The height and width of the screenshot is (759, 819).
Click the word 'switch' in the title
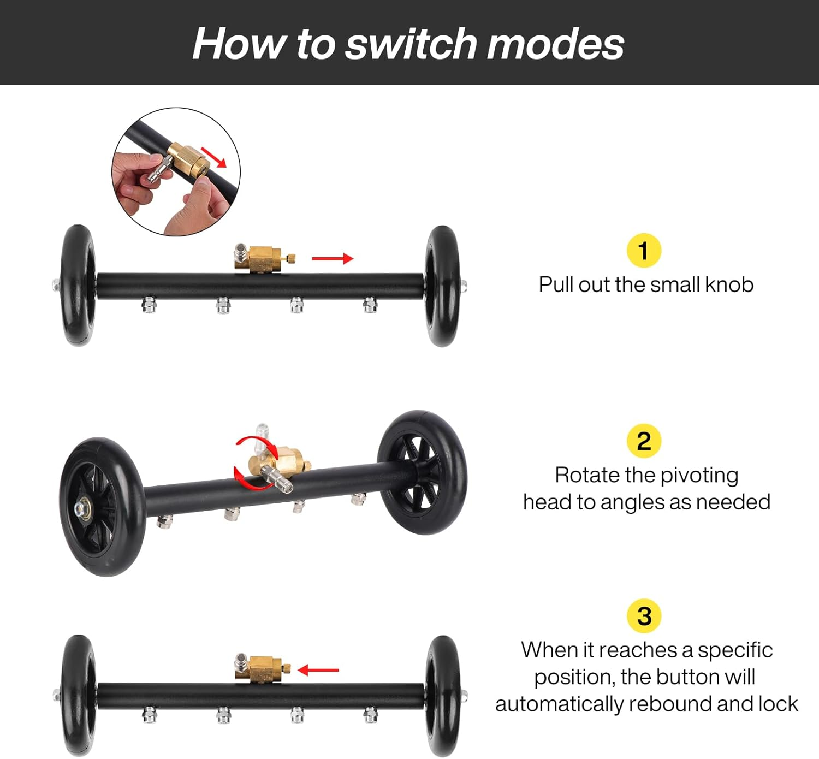click(411, 44)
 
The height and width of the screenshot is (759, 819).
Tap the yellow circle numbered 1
click(644, 251)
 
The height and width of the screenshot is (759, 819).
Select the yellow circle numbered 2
click(644, 441)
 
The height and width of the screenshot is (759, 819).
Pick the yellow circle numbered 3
click(644, 616)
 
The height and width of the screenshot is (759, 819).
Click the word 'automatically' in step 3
click(559, 704)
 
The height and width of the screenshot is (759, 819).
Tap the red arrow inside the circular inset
click(213, 157)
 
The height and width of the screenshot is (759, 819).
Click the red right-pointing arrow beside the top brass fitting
click(333, 259)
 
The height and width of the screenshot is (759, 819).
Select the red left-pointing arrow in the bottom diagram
click(318, 670)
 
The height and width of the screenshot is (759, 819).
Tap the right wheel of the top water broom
click(442, 286)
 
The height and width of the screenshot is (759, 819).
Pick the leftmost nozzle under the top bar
click(149, 305)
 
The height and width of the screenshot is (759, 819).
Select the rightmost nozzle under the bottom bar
click(370, 715)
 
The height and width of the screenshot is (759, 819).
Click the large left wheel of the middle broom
click(102, 507)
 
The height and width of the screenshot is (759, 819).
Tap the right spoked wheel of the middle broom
click(422, 472)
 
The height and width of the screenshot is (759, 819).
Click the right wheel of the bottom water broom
click(442, 696)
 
